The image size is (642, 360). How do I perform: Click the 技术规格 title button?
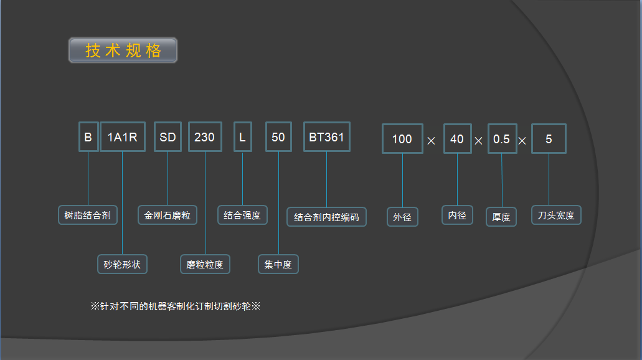coord(123,50)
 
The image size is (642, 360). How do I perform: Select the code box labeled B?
coord(88,137)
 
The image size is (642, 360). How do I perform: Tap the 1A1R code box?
coord(123,137)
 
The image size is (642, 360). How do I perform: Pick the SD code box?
coord(168,137)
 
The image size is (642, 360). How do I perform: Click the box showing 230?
coord(205,137)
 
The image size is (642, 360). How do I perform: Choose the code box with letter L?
coord(242,137)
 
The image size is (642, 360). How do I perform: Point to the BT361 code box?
coord(326,137)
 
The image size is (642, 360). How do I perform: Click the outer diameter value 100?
coord(402,139)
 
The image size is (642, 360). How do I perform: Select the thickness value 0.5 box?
coord(501,139)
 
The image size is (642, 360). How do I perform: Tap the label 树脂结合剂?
coord(88,216)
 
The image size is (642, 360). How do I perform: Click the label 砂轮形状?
coord(122,264)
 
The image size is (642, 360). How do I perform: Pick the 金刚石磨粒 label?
coord(168,216)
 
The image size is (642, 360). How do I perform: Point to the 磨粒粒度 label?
coord(205,264)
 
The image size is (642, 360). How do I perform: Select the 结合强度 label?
coord(242,216)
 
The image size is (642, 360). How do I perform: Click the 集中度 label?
coord(278,264)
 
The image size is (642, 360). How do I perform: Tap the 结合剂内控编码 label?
coord(326,217)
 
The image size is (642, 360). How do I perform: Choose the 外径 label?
coord(402,217)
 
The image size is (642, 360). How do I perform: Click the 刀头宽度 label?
coord(556,216)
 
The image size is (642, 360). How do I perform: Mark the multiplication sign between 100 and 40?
coord(432,141)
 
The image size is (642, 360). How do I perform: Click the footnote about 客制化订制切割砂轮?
coord(175,306)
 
